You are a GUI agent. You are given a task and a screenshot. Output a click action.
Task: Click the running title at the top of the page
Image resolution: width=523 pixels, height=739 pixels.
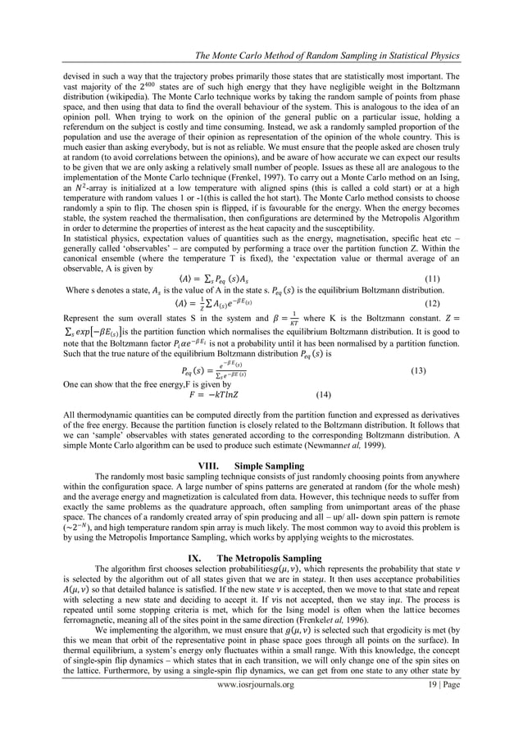pyautogui.click(x=325, y=55)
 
